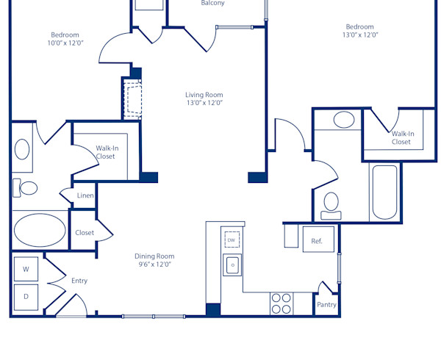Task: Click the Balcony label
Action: (x=213, y=4)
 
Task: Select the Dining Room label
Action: (x=154, y=256)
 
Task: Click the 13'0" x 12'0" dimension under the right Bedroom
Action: (x=359, y=35)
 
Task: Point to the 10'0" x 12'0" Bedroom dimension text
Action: (x=65, y=43)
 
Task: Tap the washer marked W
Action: (x=26, y=270)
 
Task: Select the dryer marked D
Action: (x=26, y=297)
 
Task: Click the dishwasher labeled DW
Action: (x=232, y=240)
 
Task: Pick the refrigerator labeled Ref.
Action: (x=318, y=240)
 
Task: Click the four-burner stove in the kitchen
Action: (x=282, y=303)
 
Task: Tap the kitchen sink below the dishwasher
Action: (x=232, y=264)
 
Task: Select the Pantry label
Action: (x=326, y=305)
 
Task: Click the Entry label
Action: (x=79, y=281)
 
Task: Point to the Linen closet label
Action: (x=85, y=196)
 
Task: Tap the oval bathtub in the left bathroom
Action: (x=40, y=230)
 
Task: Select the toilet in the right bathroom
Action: (x=331, y=204)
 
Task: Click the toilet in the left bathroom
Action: (x=26, y=188)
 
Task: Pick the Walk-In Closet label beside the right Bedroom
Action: (x=401, y=138)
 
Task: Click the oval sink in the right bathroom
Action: (x=343, y=120)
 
